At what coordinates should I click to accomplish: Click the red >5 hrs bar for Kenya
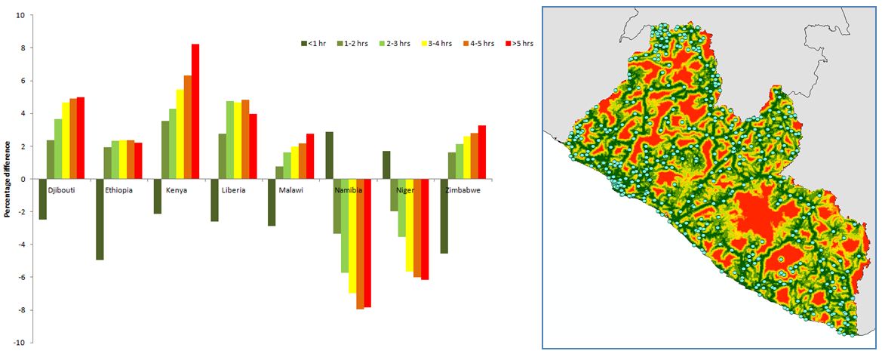click(x=195, y=112)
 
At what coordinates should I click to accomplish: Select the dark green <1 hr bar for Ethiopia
click(x=100, y=220)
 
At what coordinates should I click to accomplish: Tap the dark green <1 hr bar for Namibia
click(x=329, y=155)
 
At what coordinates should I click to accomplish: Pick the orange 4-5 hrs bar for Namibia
click(x=359, y=244)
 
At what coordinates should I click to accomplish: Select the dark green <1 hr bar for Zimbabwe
click(x=444, y=217)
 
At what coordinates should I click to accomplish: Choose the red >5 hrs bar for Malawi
click(x=310, y=156)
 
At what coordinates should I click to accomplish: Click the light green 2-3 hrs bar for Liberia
click(x=229, y=140)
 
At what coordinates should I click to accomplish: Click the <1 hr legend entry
click(x=313, y=43)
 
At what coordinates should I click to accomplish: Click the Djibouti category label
click(x=63, y=190)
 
